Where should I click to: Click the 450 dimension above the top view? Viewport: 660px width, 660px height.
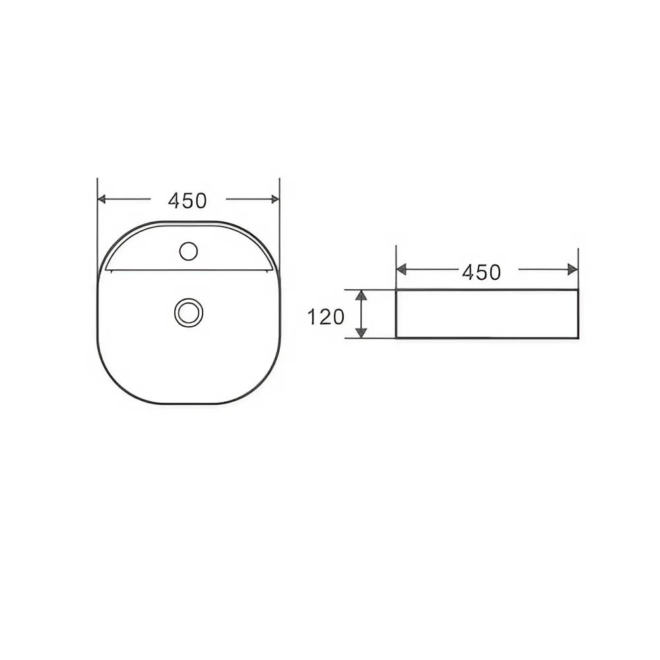[x=187, y=201]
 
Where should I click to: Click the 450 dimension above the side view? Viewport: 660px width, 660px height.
[x=482, y=273]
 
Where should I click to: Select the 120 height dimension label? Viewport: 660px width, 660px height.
[x=326, y=317]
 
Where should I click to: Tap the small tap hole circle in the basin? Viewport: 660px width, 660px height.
[x=188, y=251]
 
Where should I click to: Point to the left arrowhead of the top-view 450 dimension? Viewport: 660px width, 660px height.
[x=102, y=199]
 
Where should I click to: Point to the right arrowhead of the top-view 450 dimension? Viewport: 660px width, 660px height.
[x=275, y=199]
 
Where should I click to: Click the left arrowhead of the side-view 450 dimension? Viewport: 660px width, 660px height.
[x=401, y=269]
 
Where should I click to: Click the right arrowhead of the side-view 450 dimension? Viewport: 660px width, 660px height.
[x=573, y=269]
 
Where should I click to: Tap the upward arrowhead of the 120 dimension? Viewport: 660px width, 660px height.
[x=361, y=295]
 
